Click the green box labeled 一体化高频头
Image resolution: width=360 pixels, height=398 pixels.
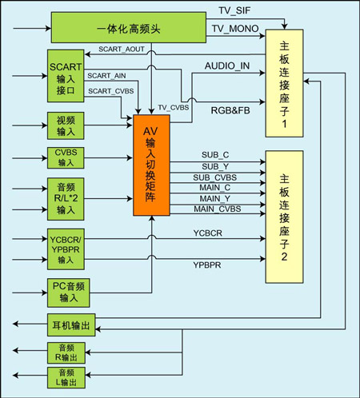[x=129, y=27]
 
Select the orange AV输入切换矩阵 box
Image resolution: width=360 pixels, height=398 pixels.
[x=151, y=165]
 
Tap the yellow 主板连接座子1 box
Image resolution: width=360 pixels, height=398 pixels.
[x=284, y=83]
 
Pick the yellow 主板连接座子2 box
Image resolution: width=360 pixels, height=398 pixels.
[x=284, y=217]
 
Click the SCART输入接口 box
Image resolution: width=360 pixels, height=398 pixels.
[x=66, y=76]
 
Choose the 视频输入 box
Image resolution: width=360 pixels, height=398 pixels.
[x=66, y=125]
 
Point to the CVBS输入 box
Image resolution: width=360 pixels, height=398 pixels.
[x=66, y=158]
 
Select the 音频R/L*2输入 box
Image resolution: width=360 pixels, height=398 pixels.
[x=66, y=199]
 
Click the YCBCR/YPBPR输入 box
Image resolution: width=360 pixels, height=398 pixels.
[x=66, y=249]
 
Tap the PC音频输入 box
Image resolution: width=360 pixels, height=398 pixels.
[x=69, y=293]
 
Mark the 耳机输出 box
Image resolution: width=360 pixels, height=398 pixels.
[x=71, y=325]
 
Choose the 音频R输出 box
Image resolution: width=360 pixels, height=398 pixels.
[x=66, y=353]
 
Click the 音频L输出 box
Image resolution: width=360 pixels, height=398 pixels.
[x=66, y=378]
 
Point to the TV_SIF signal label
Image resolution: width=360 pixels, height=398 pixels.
[x=234, y=10]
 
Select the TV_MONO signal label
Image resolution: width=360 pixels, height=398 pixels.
[x=235, y=29]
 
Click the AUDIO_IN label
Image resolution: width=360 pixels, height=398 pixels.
[x=227, y=66]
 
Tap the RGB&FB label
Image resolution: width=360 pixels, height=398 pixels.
[x=230, y=110]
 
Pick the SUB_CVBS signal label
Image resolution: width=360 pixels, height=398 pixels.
[x=215, y=177]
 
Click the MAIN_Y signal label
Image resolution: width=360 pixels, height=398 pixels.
[x=215, y=198]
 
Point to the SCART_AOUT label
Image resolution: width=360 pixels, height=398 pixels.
[x=122, y=50]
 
